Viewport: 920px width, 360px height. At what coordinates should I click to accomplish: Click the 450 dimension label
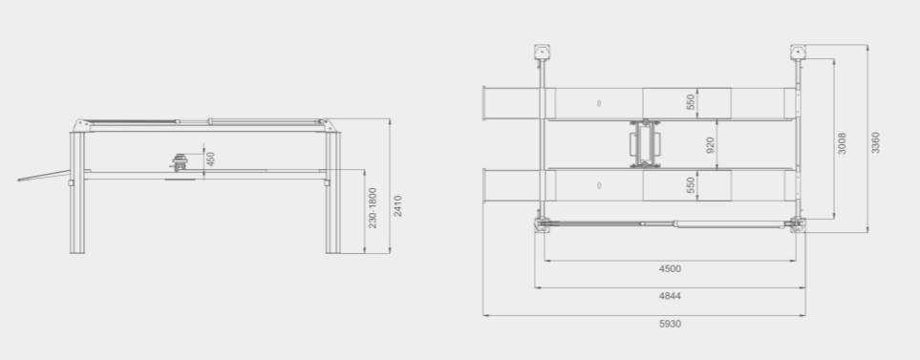(210, 159)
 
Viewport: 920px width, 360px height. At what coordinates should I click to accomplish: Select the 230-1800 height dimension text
(373, 208)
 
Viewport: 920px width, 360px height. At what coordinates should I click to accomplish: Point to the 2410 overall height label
(397, 206)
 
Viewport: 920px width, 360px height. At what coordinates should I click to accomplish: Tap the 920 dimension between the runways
(710, 145)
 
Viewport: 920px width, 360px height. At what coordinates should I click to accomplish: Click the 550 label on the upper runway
(691, 101)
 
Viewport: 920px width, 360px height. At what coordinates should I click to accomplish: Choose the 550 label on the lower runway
(691, 184)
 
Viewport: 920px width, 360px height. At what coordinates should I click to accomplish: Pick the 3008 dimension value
(842, 143)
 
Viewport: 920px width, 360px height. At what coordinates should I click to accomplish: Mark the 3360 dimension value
(875, 142)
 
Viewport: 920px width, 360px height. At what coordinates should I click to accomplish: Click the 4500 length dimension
(670, 269)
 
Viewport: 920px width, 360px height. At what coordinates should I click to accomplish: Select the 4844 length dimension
(670, 296)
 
